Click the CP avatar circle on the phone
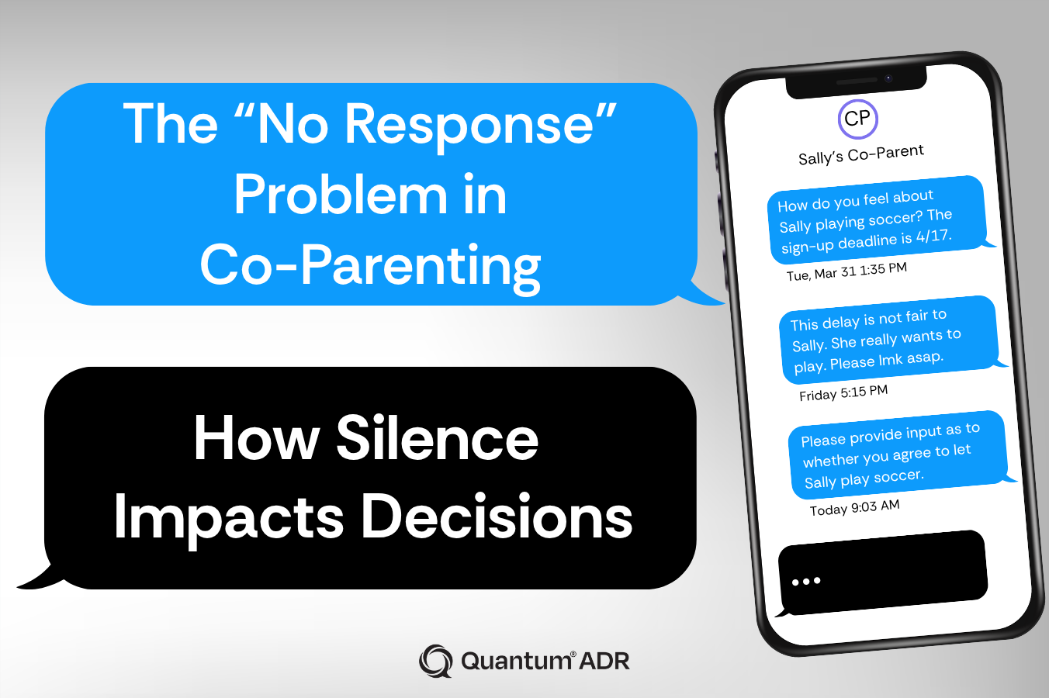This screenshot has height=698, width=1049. pos(857,119)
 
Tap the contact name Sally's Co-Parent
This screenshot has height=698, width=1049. pos(861,154)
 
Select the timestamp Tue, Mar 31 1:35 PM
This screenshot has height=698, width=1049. pos(846,271)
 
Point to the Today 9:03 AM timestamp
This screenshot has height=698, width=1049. pos(854,507)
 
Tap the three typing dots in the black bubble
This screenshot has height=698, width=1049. pos(806,581)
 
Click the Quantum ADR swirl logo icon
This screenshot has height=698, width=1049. pos(435,661)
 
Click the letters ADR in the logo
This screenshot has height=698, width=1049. pos(604,661)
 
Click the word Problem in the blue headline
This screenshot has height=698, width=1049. pos(340,195)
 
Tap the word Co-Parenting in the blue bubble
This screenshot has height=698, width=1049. pos(370,265)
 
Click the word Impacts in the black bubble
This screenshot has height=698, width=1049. pos(228,517)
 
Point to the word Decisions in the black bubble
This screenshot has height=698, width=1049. pos(497,517)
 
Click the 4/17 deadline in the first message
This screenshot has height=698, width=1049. pos(933,236)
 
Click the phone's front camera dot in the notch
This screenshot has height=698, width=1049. pos(888,78)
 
